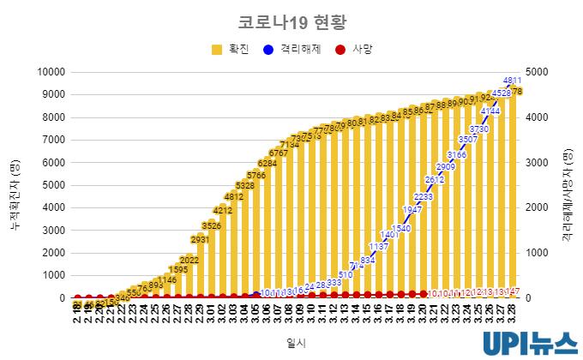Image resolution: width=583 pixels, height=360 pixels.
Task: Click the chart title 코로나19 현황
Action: (x=292, y=20)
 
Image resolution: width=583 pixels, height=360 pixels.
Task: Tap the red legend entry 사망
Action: (x=352, y=50)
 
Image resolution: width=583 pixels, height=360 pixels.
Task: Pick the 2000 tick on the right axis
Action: (x=543, y=207)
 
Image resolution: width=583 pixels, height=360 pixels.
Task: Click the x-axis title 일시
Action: (x=292, y=342)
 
